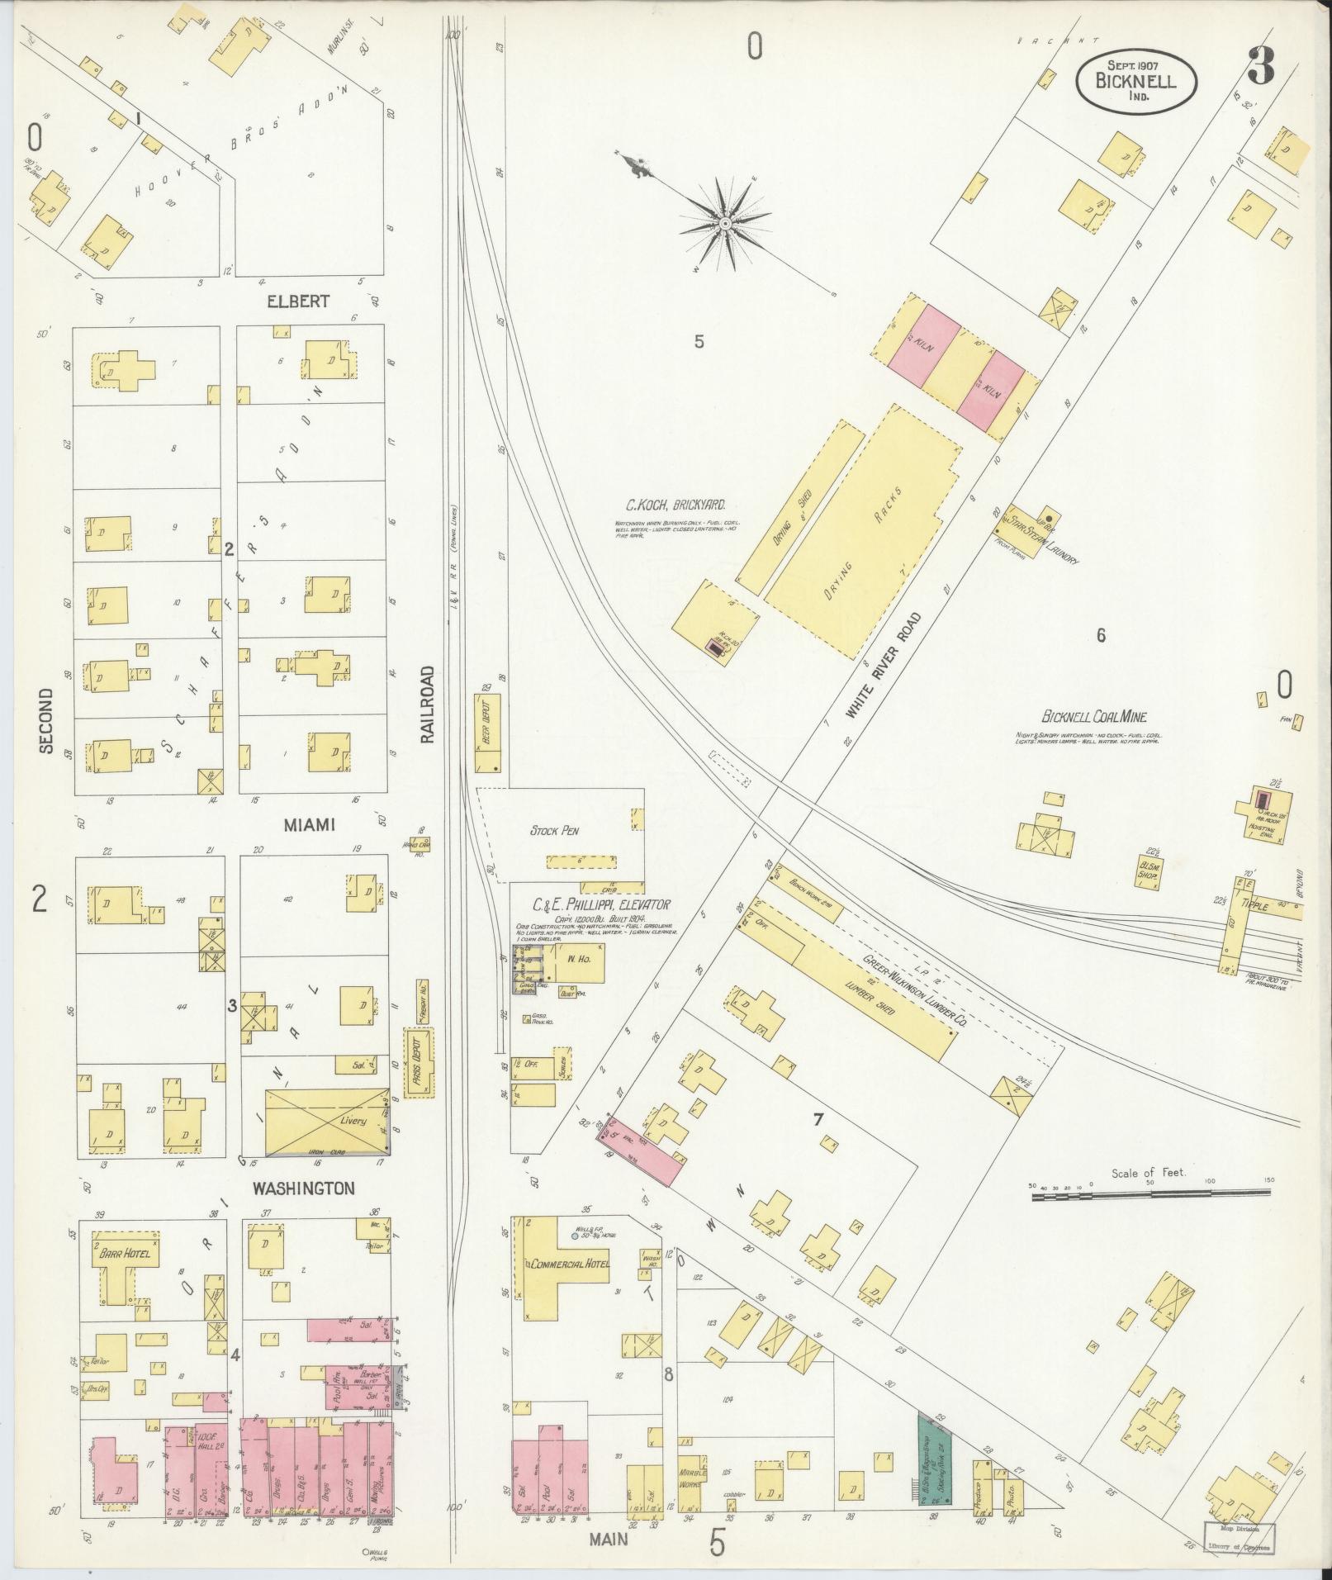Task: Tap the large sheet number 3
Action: click(1261, 66)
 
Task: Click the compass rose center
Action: click(724, 224)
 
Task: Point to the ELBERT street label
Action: click(296, 301)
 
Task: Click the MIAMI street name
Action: click(310, 824)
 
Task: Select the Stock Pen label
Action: click(554, 831)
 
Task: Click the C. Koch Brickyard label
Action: click(676, 506)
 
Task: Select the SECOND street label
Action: click(45, 720)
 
